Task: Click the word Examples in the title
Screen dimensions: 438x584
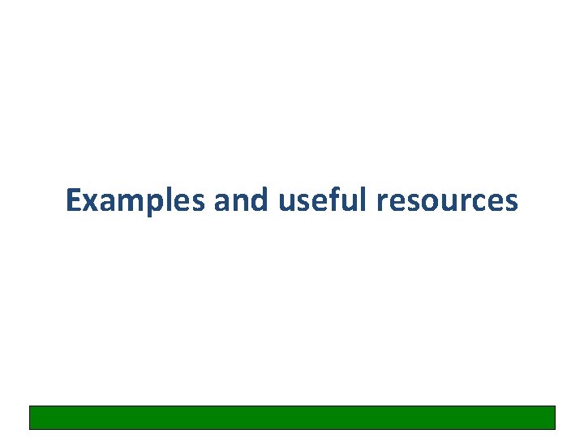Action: [135, 200]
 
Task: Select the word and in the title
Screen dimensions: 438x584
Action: [240, 200]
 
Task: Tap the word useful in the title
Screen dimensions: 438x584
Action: [322, 200]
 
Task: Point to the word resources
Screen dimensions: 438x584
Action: [446, 201]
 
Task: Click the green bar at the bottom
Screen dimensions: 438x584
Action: [292, 417]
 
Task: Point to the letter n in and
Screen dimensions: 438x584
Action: [241, 202]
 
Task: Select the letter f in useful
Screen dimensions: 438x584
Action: [332, 200]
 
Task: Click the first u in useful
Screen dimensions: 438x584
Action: [286, 202]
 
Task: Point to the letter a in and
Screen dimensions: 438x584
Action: [222, 202]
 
